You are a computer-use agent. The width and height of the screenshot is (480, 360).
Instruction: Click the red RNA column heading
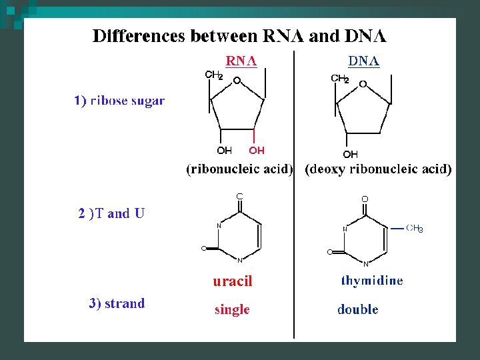[x=241, y=61]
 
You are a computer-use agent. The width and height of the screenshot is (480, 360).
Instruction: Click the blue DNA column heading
[x=364, y=61]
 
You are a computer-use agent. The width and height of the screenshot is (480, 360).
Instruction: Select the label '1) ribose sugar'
[x=119, y=101]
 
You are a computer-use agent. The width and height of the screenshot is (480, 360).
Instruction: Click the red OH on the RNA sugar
[x=257, y=151]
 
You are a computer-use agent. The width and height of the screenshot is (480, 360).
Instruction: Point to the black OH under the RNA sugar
[x=224, y=151]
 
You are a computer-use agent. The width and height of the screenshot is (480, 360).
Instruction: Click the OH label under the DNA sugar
[x=350, y=155]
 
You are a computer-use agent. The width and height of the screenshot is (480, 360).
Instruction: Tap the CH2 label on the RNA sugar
[x=213, y=75]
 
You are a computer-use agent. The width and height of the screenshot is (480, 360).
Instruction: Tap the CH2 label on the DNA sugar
[x=340, y=79]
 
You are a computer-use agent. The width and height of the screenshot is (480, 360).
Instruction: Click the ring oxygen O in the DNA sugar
[x=363, y=85]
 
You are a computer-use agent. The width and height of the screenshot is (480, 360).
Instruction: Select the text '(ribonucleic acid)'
[x=239, y=169]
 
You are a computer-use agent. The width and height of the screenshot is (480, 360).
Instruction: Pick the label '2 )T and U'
[x=111, y=213]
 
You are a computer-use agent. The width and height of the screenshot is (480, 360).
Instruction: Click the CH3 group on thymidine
[x=415, y=229]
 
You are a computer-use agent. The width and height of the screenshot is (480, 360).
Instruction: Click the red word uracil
[x=233, y=281]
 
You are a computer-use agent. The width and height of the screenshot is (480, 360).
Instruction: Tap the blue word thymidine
[x=372, y=281]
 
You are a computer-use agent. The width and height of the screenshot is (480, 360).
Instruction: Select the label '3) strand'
[x=117, y=303]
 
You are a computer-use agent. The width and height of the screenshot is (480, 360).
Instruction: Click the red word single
[x=232, y=309]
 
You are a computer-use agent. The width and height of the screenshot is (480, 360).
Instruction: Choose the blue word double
[x=358, y=309]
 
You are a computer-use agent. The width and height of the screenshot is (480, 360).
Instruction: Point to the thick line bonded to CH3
[x=397, y=228]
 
